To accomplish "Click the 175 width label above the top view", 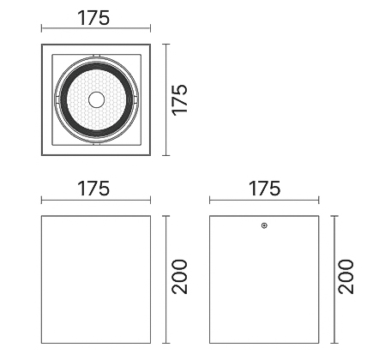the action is click(93, 18).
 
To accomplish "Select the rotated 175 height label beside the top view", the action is click(180, 100).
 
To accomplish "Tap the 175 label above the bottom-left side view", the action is click(93, 189).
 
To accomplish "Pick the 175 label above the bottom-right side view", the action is click(264, 189).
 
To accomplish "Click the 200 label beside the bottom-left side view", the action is click(180, 277).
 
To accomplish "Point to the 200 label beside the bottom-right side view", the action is click(346, 277).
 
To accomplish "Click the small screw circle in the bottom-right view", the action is click(264, 225).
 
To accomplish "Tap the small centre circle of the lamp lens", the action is click(97, 99).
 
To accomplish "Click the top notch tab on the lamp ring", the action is click(97, 55).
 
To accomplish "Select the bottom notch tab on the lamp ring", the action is click(97, 144).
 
